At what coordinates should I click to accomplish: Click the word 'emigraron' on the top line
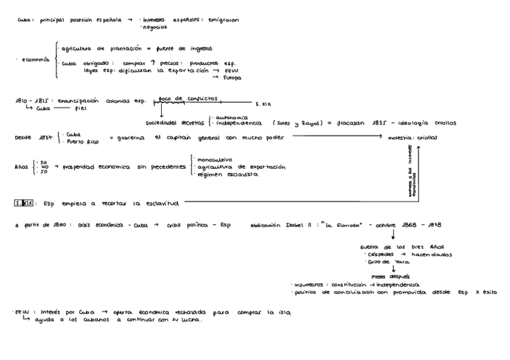pos(223,20)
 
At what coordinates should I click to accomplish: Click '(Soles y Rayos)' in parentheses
pos(293,123)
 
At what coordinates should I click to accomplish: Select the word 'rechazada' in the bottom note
pos(194,313)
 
